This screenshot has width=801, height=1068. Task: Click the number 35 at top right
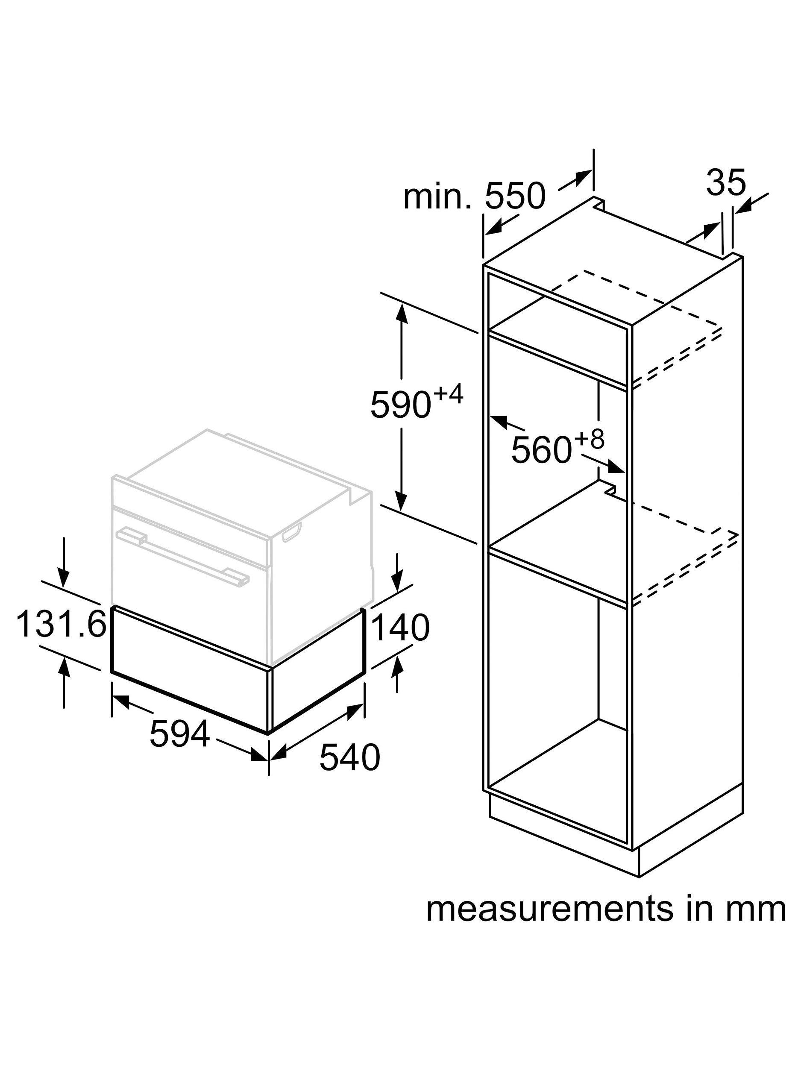[x=726, y=182]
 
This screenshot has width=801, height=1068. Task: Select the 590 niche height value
[x=400, y=405]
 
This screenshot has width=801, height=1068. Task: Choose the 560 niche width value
[x=542, y=450]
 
